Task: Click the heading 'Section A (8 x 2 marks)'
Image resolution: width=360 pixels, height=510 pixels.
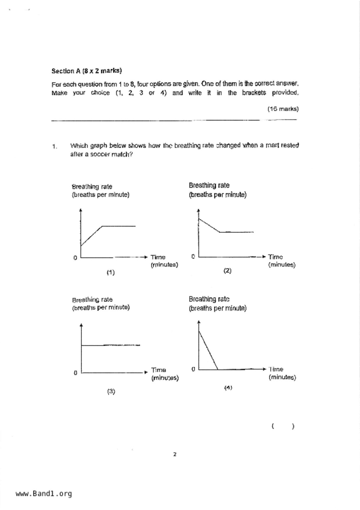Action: (87, 71)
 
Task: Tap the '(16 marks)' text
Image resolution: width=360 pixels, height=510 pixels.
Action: (283, 109)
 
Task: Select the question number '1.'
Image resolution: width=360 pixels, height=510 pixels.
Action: (55, 146)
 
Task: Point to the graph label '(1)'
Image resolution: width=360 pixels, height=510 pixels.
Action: (110, 272)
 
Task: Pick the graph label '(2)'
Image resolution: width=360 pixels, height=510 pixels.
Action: (227, 271)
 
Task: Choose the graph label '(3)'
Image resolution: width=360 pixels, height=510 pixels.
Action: (111, 391)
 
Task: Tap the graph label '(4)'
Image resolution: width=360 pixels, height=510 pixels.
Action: (228, 388)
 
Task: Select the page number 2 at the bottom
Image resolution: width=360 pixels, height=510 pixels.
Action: (175, 454)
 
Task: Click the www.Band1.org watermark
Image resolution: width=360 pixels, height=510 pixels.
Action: (44, 493)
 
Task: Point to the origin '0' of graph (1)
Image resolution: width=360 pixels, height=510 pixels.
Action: (75, 258)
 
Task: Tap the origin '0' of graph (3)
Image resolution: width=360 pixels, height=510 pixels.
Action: (75, 373)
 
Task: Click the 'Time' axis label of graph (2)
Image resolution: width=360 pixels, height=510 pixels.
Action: (275, 257)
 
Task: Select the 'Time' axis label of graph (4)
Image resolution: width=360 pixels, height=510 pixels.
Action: (276, 369)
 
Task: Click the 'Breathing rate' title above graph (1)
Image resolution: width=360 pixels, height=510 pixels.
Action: (92, 187)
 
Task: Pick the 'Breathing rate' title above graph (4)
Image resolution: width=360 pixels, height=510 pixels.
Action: (209, 299)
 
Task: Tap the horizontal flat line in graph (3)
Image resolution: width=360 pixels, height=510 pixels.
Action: (110, 345)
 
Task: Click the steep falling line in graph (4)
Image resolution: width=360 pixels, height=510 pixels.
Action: (208, 350)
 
